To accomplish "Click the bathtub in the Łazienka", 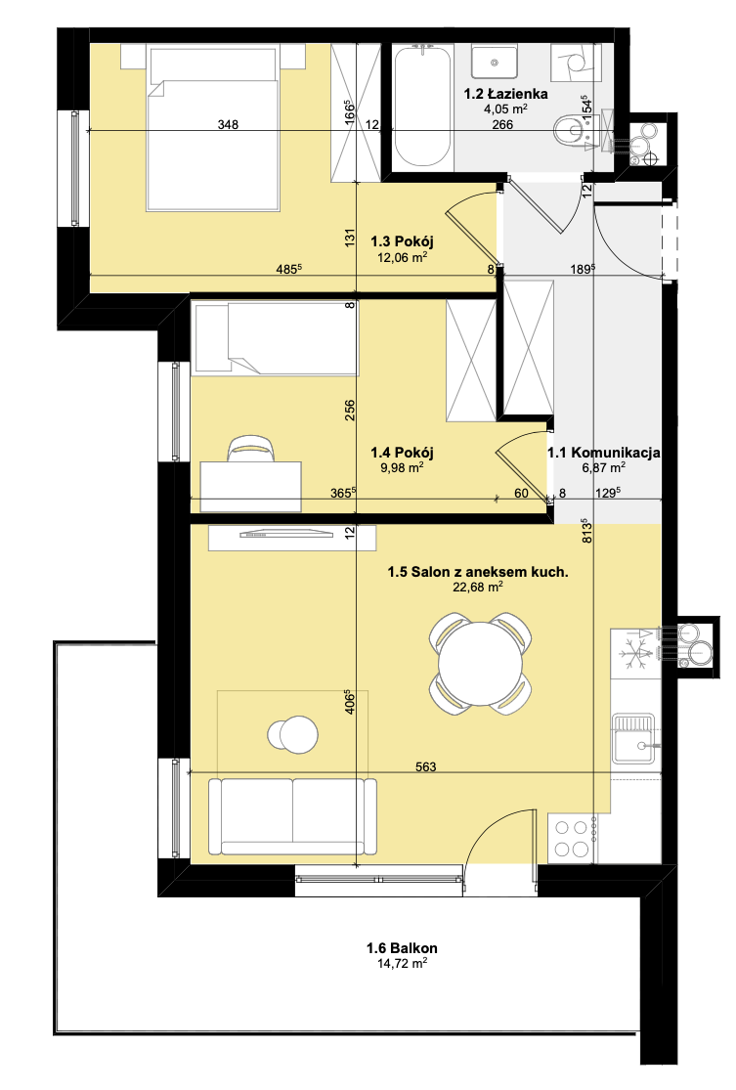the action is [421, 106].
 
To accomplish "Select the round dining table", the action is [480, 663].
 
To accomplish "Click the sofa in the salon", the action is [292, 816].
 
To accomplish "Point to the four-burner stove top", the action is [571, 839].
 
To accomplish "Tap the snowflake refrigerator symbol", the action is [633, 654].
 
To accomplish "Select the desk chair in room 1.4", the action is [251, 449].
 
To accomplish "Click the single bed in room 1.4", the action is [276, 338].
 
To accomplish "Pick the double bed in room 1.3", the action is [213, 127].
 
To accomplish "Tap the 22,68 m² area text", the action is [477, 588].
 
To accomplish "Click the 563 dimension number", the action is [425, 766].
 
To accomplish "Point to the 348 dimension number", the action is [228, 124].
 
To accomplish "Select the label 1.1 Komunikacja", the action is [603, 453].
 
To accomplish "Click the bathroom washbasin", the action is [495, 62].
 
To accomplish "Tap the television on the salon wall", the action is [285, 534].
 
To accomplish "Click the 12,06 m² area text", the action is [402, 257].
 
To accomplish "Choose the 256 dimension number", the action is [350, 410].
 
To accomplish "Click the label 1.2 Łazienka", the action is [506, 93].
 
